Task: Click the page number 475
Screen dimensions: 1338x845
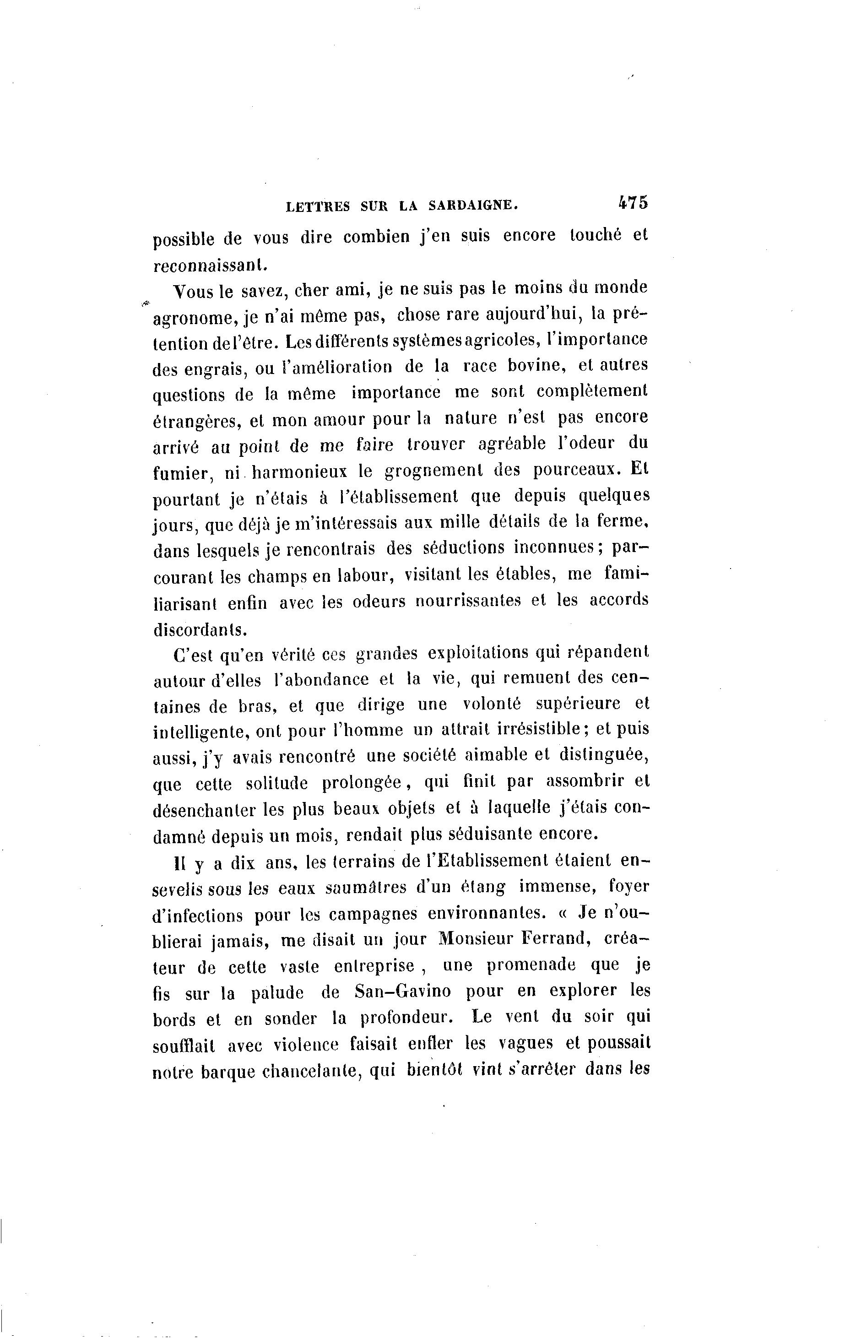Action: click(632, 202)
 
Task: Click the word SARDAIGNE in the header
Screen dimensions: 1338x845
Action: click(473, 206)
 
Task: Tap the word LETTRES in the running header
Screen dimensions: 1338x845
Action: click(318, 207)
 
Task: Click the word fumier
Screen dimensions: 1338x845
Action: click(179, 473)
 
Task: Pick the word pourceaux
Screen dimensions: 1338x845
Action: click(574, 470)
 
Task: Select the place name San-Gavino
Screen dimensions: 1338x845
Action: click(402, 991)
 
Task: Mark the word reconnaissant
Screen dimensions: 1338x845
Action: click(210, 265)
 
